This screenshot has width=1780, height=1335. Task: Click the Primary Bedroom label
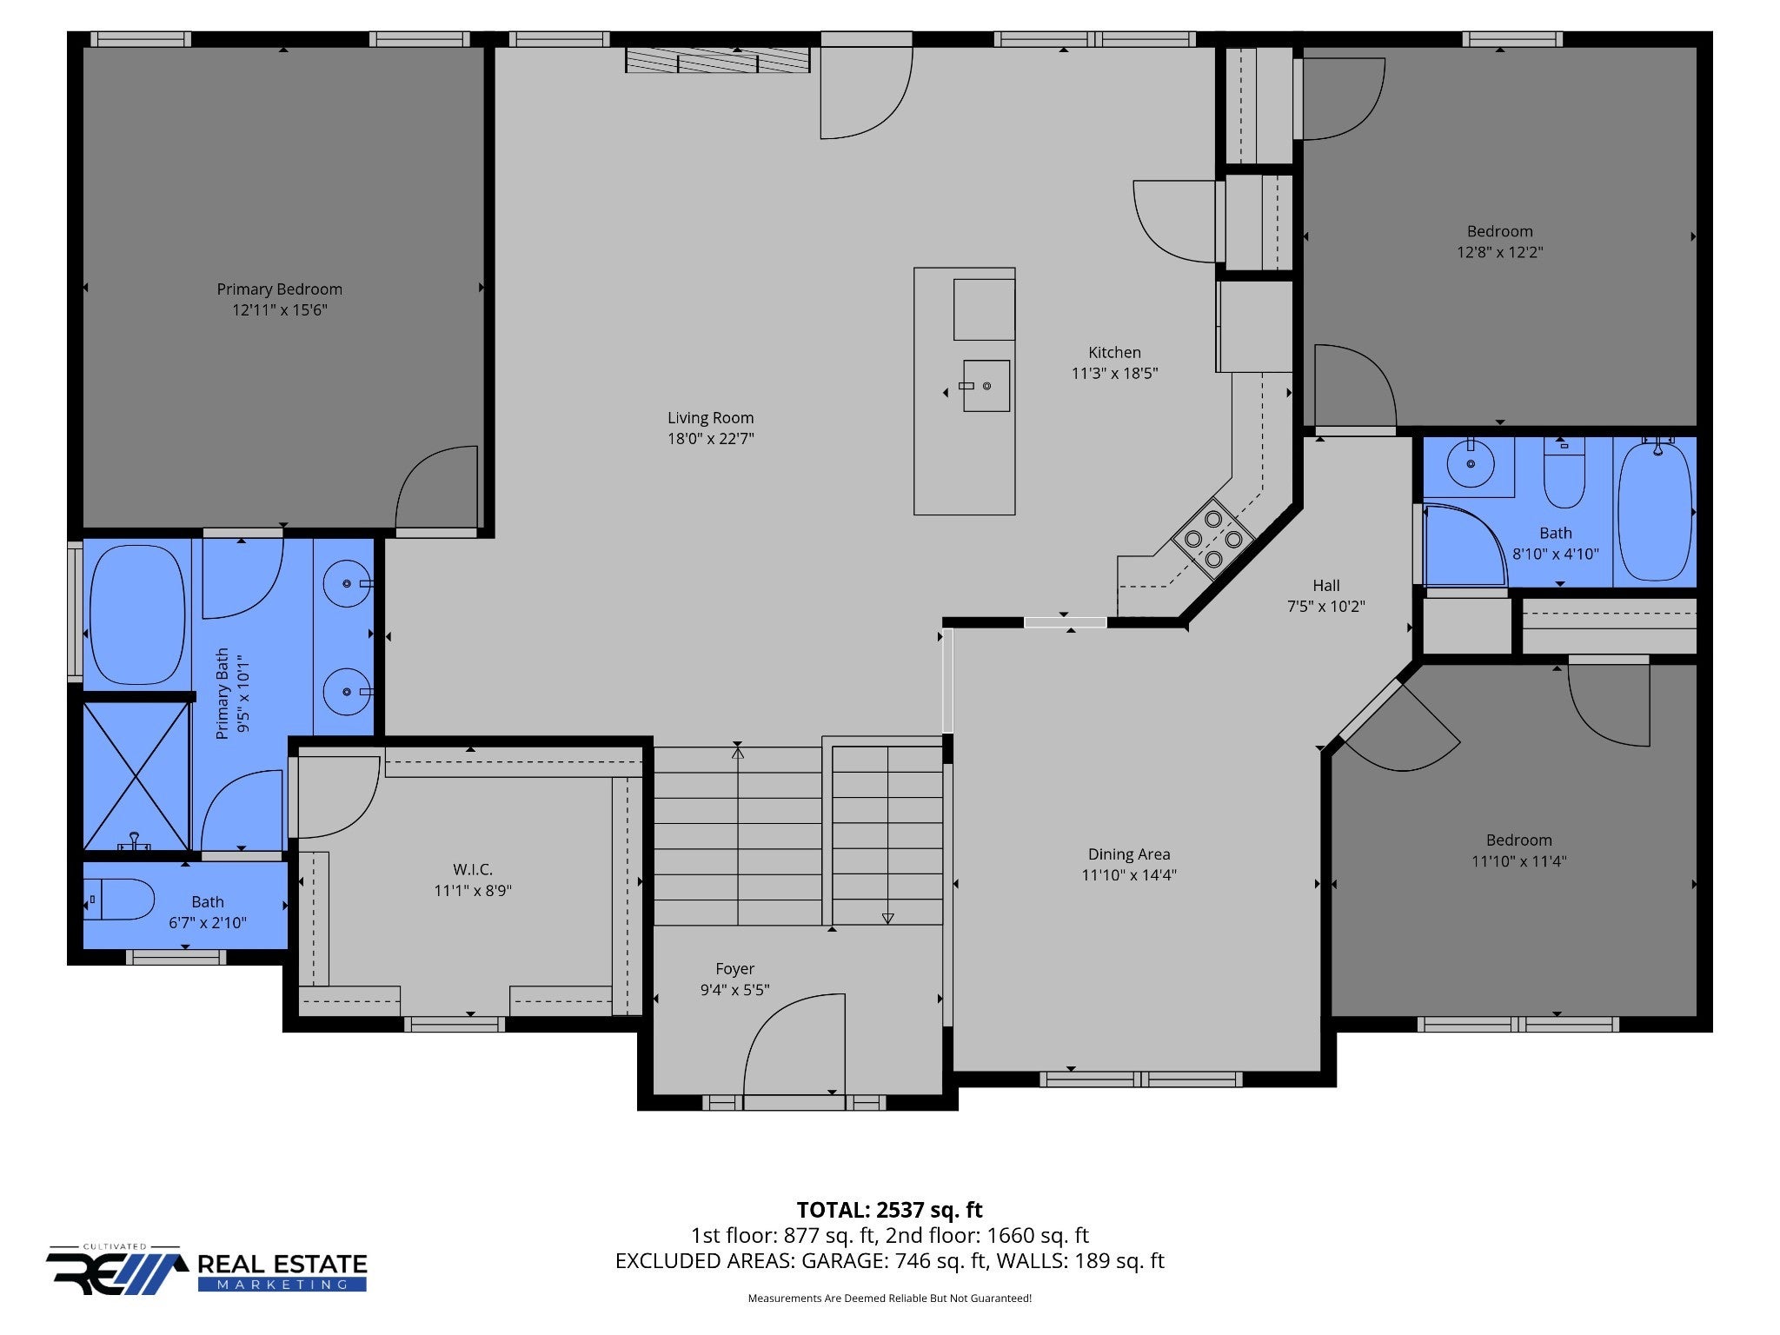(x=279, y=289)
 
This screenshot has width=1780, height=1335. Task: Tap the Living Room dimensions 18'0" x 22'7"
(x=710, y=439)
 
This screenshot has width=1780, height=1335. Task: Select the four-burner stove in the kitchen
(x=1213, y=538)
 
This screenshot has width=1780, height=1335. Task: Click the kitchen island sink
(x=986, y=386)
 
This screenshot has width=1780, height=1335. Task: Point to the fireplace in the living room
(x=718, y=60)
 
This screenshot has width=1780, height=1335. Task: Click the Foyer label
(x=734, y=968)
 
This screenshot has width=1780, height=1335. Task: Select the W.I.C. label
(x=473, y=869)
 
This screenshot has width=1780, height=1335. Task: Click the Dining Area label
(x=1129, y=854)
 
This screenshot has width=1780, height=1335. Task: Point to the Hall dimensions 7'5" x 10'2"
(x=1326, y=607)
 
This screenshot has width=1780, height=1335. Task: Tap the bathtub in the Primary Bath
(x=137, y=614)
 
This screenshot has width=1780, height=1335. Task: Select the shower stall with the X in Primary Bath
(x=136, y=776)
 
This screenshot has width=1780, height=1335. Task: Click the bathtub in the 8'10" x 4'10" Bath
(x=1656, y=512)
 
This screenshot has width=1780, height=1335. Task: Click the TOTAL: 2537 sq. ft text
(x=889, y=1210)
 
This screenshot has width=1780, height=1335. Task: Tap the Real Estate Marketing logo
(x=207, y=1270)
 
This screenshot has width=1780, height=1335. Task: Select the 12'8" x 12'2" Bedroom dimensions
(x=1500, y=253)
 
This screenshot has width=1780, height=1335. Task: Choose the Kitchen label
(x=1114, y=352)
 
